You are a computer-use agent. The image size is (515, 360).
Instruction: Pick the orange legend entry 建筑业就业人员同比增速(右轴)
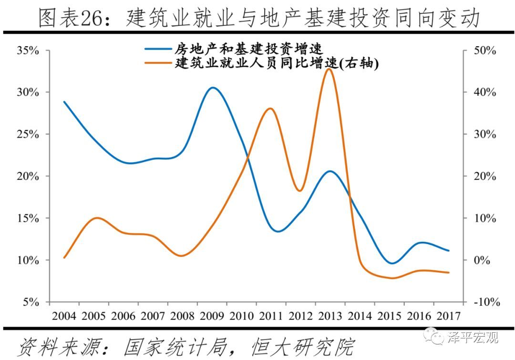[277, 63]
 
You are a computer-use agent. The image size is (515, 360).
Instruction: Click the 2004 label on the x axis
[64, 316]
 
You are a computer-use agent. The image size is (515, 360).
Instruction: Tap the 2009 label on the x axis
[212, 316]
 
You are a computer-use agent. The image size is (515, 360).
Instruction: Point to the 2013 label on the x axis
[330, 316]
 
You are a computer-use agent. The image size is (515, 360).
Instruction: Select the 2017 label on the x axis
[448, 316]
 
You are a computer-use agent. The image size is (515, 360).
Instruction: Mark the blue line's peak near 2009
[213, 88]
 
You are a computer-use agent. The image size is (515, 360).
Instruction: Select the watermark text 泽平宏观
[473, 338]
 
